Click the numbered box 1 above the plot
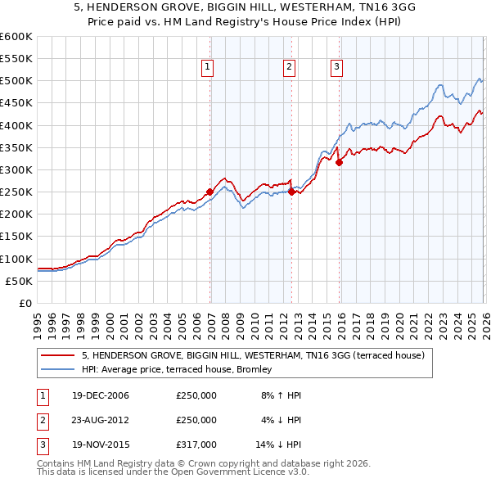(x=207, y=68)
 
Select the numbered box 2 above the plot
(x=290, y=68)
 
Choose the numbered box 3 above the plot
(x=336, y=68)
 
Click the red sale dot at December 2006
(x=210, y=192)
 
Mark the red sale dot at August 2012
(x=292, y=192)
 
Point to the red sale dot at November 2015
(x=339, y=162)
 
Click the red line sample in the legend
(x=58, y=356)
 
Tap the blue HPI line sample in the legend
(x=58, y=370)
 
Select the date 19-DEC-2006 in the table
(x=101, y=395)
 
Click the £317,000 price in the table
(x=196, y=445)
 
